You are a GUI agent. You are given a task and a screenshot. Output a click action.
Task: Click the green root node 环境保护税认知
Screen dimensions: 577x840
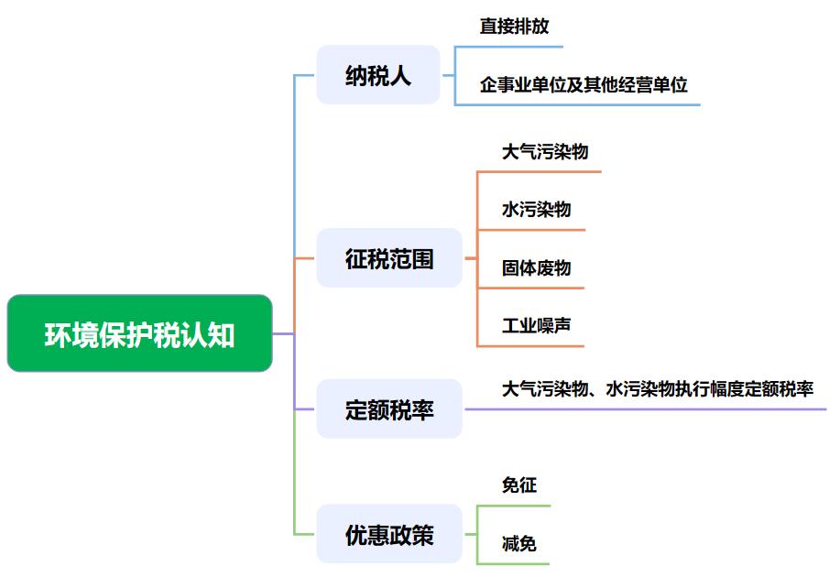[x=139, y=334]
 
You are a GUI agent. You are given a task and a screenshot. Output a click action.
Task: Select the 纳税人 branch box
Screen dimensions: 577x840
[x=378, y=75]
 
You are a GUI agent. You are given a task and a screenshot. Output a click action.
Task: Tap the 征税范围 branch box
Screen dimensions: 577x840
[x=389, y=259]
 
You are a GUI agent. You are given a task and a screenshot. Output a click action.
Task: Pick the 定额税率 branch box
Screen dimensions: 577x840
[x=389, y=409]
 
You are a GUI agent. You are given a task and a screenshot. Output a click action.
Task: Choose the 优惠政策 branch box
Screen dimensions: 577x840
[x=389, y=534]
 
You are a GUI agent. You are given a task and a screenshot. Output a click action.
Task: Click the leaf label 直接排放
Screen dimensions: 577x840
[x=514, y=26]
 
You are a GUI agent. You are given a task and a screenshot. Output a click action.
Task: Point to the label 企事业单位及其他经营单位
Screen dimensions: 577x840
[x=583, y=85]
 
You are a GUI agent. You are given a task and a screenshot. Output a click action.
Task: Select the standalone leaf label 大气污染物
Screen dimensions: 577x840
[x=544, y=151]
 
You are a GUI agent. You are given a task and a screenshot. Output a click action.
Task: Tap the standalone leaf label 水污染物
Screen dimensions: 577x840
[x=536, y=209]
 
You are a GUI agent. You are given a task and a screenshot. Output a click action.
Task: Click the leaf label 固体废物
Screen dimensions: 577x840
[x=536, y=267]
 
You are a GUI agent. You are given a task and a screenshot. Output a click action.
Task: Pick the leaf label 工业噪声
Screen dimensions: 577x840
[x=536, y=325]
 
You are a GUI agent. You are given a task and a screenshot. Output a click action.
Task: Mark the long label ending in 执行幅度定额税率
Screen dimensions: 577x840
[x=657, y=388]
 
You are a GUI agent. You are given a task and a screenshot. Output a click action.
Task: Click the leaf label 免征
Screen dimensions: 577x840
[x=518, y=485]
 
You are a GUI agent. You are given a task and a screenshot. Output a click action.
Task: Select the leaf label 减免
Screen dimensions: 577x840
[x=518, y=543]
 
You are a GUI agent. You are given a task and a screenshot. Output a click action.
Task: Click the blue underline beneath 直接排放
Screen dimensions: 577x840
[x=509, y=47]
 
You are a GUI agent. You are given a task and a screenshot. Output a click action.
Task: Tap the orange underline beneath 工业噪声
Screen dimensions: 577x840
[x=531, y=346]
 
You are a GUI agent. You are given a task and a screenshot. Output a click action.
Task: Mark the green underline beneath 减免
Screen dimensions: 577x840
[x=514, y=563]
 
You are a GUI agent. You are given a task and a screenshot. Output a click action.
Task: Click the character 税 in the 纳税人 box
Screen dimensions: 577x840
[x=378, y=75]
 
